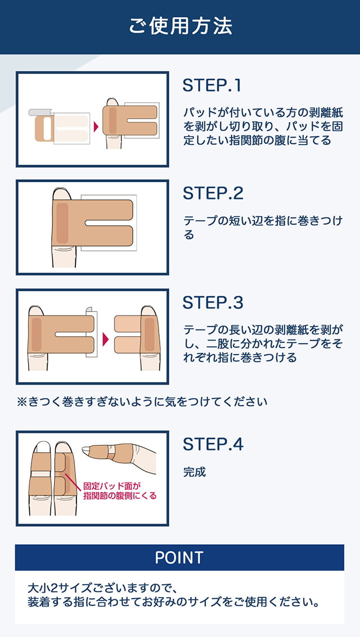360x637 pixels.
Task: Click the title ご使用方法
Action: (181, 26)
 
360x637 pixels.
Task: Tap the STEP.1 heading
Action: (211, 85)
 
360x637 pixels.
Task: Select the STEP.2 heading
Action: (213, 193)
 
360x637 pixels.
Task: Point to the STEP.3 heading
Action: (213, 302)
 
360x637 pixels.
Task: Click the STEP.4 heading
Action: (213, 444)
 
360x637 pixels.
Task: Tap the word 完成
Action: (195, 472)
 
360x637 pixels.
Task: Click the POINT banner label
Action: (179, 557)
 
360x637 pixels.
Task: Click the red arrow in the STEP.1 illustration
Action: (96, 127)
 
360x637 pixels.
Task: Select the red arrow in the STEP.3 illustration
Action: (106, 339)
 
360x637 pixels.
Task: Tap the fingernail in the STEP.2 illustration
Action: (62, 193)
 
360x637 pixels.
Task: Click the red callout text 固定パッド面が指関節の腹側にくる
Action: (119, 490)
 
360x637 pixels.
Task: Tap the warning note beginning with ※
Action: (142, 402)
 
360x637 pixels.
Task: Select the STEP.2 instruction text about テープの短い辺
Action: (263, 228)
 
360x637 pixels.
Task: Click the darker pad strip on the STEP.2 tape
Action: (62, 223)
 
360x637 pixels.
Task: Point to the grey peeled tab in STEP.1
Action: (39, 112)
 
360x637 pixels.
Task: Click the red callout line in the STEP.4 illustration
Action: (73, 480)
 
